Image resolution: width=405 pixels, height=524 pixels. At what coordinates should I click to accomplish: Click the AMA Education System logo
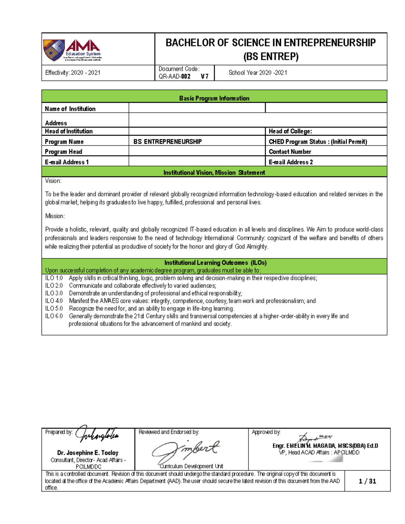point(73,50)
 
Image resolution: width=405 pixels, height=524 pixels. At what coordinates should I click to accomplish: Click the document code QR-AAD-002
point(174,77)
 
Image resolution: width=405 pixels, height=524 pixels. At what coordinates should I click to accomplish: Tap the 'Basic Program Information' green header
point(214,98)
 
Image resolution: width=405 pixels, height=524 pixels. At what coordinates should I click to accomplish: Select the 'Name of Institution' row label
point(70,109)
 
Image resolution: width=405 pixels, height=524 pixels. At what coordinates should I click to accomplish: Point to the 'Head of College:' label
point(290,131)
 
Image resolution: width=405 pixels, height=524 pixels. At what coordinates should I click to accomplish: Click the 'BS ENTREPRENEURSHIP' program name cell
point(167,142)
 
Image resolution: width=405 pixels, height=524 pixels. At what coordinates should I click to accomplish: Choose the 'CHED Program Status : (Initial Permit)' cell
point(318,142)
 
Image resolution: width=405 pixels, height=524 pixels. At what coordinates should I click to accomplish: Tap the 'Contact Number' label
point(290,152)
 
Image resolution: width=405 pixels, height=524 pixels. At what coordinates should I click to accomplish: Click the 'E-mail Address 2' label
point(291,162)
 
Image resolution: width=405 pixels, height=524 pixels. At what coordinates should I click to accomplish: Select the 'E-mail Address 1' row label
point(67,162)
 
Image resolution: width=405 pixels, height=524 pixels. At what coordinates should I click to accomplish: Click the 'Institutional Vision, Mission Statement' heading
point(214,172)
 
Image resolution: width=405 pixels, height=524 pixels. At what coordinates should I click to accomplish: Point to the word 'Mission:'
point(55,216)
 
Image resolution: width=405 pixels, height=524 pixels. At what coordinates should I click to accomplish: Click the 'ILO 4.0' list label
point(54,301)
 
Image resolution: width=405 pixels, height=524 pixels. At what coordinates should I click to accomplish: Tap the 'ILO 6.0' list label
point(54,316)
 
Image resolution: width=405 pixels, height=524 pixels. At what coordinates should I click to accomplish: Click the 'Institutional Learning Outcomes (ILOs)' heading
point(215,263)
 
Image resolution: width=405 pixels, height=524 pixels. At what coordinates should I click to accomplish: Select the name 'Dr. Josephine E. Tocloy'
point(88,453)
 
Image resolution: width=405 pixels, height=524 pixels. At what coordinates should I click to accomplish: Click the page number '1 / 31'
point(367,481)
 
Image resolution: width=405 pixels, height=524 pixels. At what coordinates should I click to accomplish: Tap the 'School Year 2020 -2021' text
point(258,73)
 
